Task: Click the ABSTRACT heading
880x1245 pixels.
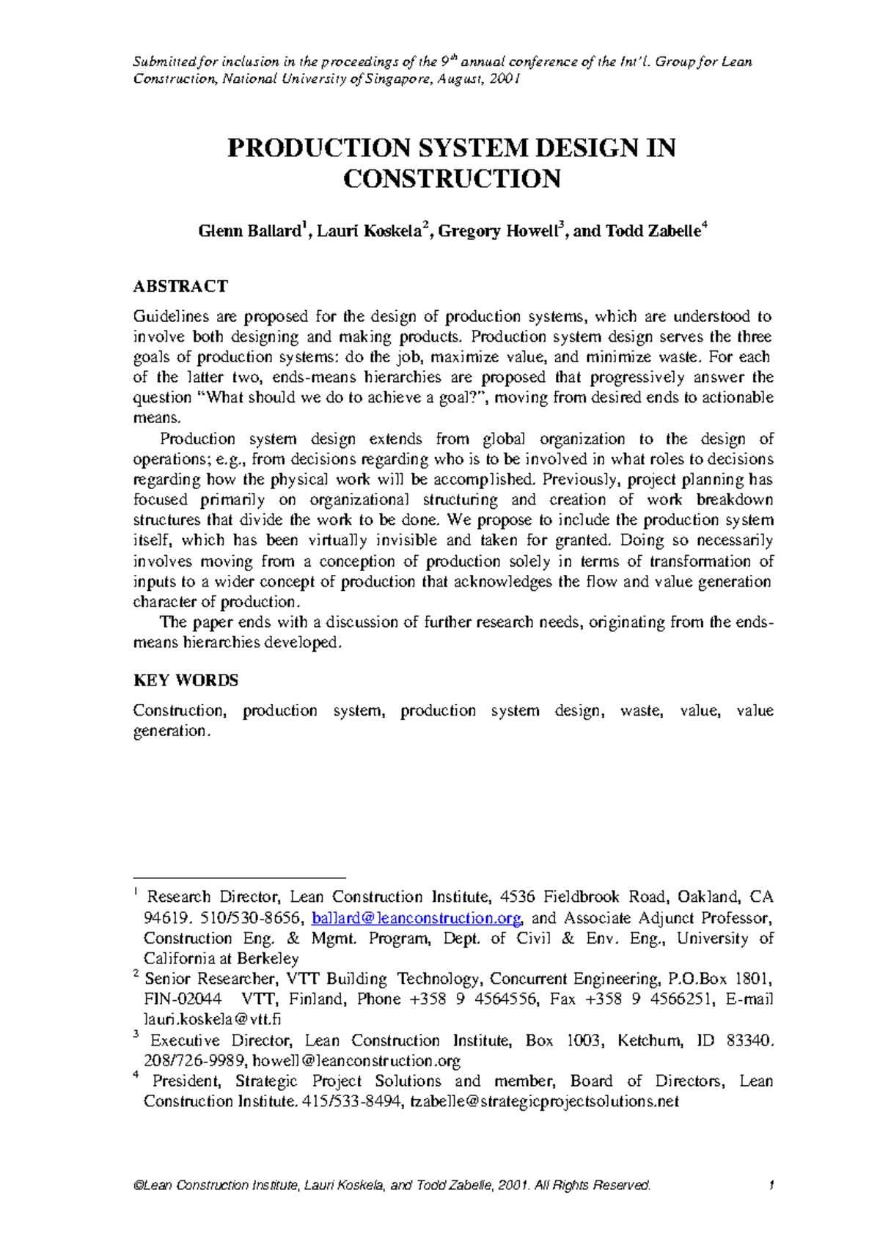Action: (180, 286)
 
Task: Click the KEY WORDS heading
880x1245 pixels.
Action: (186, 680)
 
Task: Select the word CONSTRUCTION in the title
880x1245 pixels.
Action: (452, 179)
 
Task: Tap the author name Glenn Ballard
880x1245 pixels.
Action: (249, 232)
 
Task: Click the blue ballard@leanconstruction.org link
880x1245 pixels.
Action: (417, 918)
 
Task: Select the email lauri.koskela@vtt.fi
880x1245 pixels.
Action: (212, 1019)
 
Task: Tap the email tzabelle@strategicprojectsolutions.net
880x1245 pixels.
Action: (544, 1101)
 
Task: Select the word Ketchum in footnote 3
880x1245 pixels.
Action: (648, 1040)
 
